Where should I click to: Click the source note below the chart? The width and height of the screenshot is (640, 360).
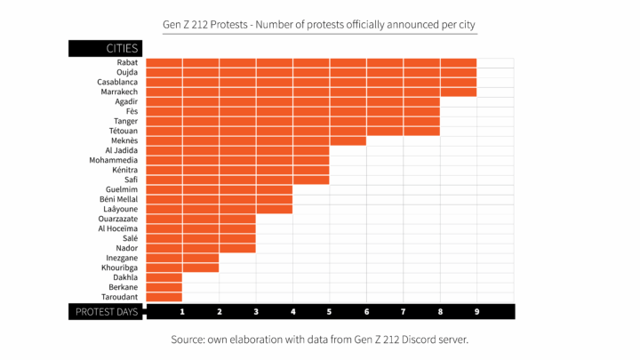(319, 340)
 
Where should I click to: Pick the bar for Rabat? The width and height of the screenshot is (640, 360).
(311, 63)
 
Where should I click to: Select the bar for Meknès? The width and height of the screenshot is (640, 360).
(256, 140)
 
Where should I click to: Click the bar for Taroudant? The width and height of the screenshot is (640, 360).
(164, 297)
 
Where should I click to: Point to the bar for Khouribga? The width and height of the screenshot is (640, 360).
(182, 268)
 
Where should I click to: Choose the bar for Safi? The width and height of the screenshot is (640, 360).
(237, 180)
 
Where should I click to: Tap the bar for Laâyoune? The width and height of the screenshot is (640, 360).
(219, 209)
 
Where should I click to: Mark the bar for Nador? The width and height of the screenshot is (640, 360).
(201, 248)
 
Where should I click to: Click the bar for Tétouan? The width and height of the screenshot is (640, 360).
(292, 131)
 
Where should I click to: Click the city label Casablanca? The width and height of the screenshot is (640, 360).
(117, 83)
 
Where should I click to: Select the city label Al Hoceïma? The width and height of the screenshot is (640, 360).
(117, 228)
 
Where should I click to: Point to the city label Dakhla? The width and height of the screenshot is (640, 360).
(124, 277)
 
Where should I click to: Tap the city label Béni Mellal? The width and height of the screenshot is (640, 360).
(119, 199)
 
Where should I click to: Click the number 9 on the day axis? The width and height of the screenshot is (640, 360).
(476, 312)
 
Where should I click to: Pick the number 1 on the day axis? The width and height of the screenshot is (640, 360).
(182, 312)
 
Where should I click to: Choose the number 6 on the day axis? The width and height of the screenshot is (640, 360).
(366, 312)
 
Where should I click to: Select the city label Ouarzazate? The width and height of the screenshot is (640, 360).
(118, 219)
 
